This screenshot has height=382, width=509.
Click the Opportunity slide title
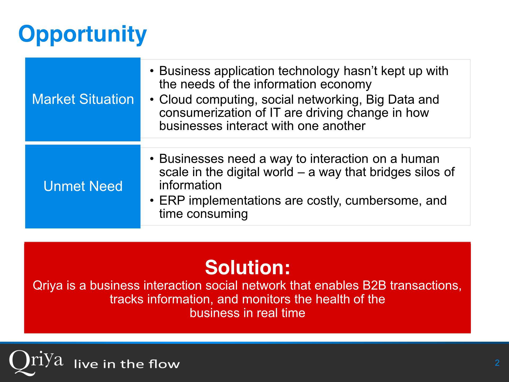coord(82,34)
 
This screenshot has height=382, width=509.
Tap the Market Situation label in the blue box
coord(83,99)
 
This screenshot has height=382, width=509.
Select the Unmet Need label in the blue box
coord(83,186)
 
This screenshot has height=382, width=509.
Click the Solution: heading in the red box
coord(247,267)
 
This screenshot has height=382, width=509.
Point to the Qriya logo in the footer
coord(36,362)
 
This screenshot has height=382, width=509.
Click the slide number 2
coord(497,363)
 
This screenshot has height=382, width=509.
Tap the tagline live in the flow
coord(127,364)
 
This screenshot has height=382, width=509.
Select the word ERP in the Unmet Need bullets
coord(172,201)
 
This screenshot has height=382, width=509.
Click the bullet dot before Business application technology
coord(152,71)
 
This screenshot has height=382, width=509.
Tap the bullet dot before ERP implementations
coord(152,201)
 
